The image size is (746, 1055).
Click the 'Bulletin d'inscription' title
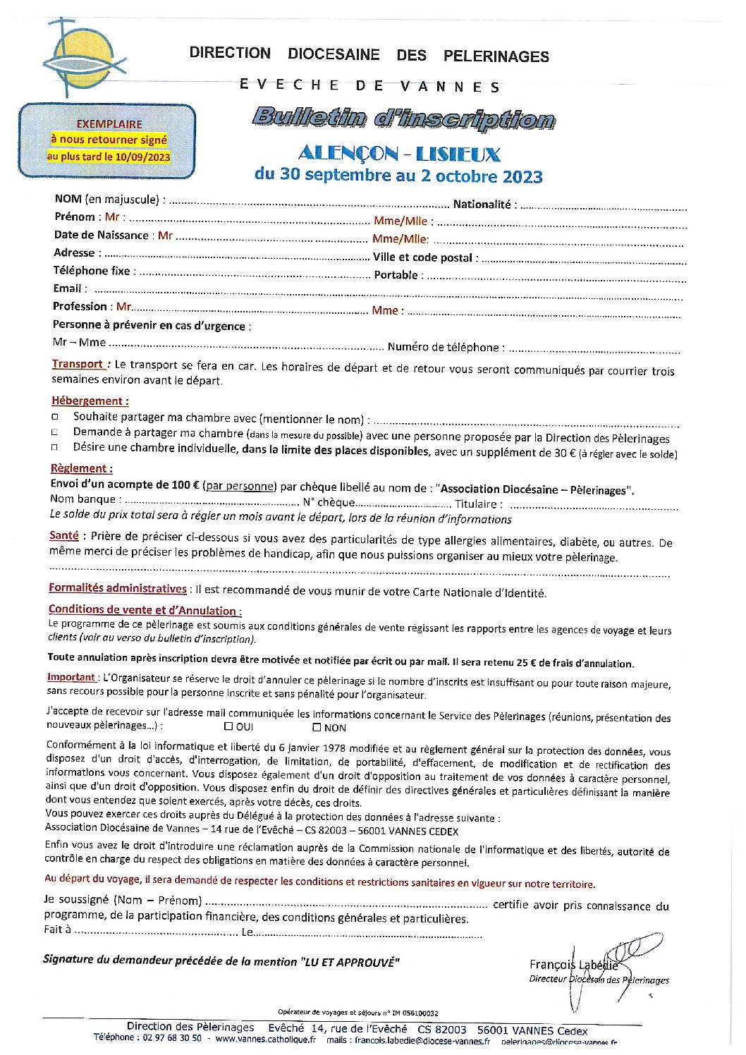click(x=403, y=118)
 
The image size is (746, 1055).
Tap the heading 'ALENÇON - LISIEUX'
click(x=399, y=154)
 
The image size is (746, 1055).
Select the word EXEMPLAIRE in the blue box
click(x=109, y=124)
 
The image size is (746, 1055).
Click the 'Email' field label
click(x=67, y=288)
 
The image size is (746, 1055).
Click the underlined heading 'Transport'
click(x=78, y=364)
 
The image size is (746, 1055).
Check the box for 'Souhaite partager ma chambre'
click(x=55, y=417)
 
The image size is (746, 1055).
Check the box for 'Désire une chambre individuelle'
click(x=55, y=448)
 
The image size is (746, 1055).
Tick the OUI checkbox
click(x=228, y=726)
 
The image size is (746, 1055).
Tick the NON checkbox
click(x=317, y=727)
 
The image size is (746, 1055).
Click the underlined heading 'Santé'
click(x=64, y=536)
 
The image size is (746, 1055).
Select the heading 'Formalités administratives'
click(x=118, y=588)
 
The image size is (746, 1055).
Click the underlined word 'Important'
click(x=71, y=677)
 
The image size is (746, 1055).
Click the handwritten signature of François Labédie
click(x=606, y=963)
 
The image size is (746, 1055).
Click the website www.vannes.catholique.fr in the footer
click(x=266, y=1039)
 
